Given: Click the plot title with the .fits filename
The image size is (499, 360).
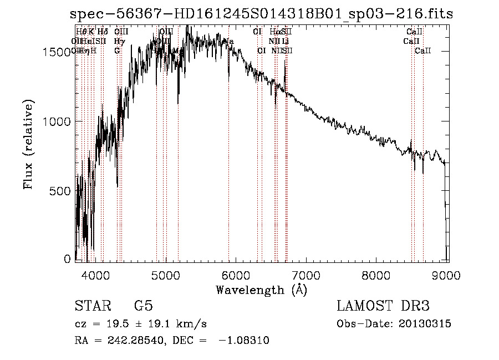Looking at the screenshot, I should click(x=258, y=14).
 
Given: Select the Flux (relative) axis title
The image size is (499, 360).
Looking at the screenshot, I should click(x=28, y=145).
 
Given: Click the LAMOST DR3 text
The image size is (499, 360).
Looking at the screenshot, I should click(x=383, y=306).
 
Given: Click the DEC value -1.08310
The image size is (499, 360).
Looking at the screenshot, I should click(x=244, y=341).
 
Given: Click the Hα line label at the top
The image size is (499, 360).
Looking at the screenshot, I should click(x=275, y=32).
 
